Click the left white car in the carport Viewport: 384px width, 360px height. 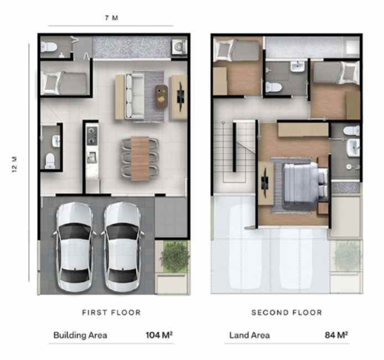[74, 247]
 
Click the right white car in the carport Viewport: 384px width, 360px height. [122, 247]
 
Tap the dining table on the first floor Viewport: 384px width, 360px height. [140, 159]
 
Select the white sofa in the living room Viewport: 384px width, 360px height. [134, 96]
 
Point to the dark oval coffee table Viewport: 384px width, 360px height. [162, 96]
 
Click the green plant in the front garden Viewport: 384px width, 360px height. [175, 256]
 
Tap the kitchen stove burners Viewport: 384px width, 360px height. [92, 135]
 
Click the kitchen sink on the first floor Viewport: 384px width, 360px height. [92, 158]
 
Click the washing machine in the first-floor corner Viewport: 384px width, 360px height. [179, 46]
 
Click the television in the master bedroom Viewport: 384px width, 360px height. [264, 183]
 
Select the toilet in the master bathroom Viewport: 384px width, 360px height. [351, 131]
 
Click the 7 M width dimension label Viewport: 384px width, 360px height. [111, 18]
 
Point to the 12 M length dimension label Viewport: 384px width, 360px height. [15, 164]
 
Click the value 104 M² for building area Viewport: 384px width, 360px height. [159, 335]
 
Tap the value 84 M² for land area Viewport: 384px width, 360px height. [336, 335]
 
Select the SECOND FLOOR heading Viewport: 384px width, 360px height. [287, 312]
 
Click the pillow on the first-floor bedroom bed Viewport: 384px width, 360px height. [51, 83]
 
